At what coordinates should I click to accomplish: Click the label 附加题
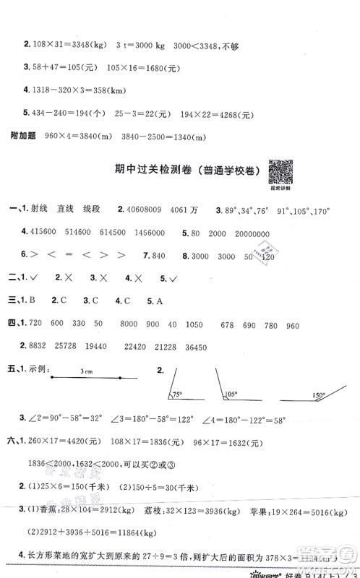tap(20, 137)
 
